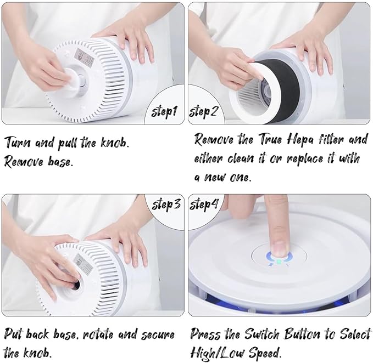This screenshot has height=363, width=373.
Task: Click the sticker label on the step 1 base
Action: [x=74, y=53]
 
